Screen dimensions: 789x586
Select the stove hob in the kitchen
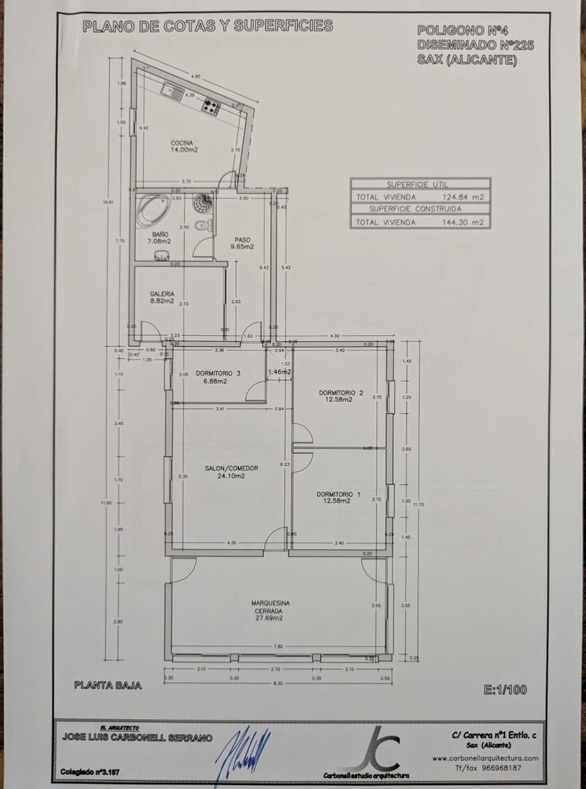[210, 105]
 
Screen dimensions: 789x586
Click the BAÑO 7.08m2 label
[159, 237]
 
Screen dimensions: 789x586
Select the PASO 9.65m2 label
[242, 243]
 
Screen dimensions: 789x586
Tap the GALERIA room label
[162, 297]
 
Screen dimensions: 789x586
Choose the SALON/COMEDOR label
[231, 472]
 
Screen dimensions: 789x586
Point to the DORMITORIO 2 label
[341, 395]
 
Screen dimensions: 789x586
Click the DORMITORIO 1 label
[338, 497]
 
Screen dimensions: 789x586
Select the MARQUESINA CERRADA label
[270, 610]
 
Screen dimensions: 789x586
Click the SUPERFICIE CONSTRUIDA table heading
[415, 209]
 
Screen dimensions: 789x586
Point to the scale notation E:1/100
[505, 690]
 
